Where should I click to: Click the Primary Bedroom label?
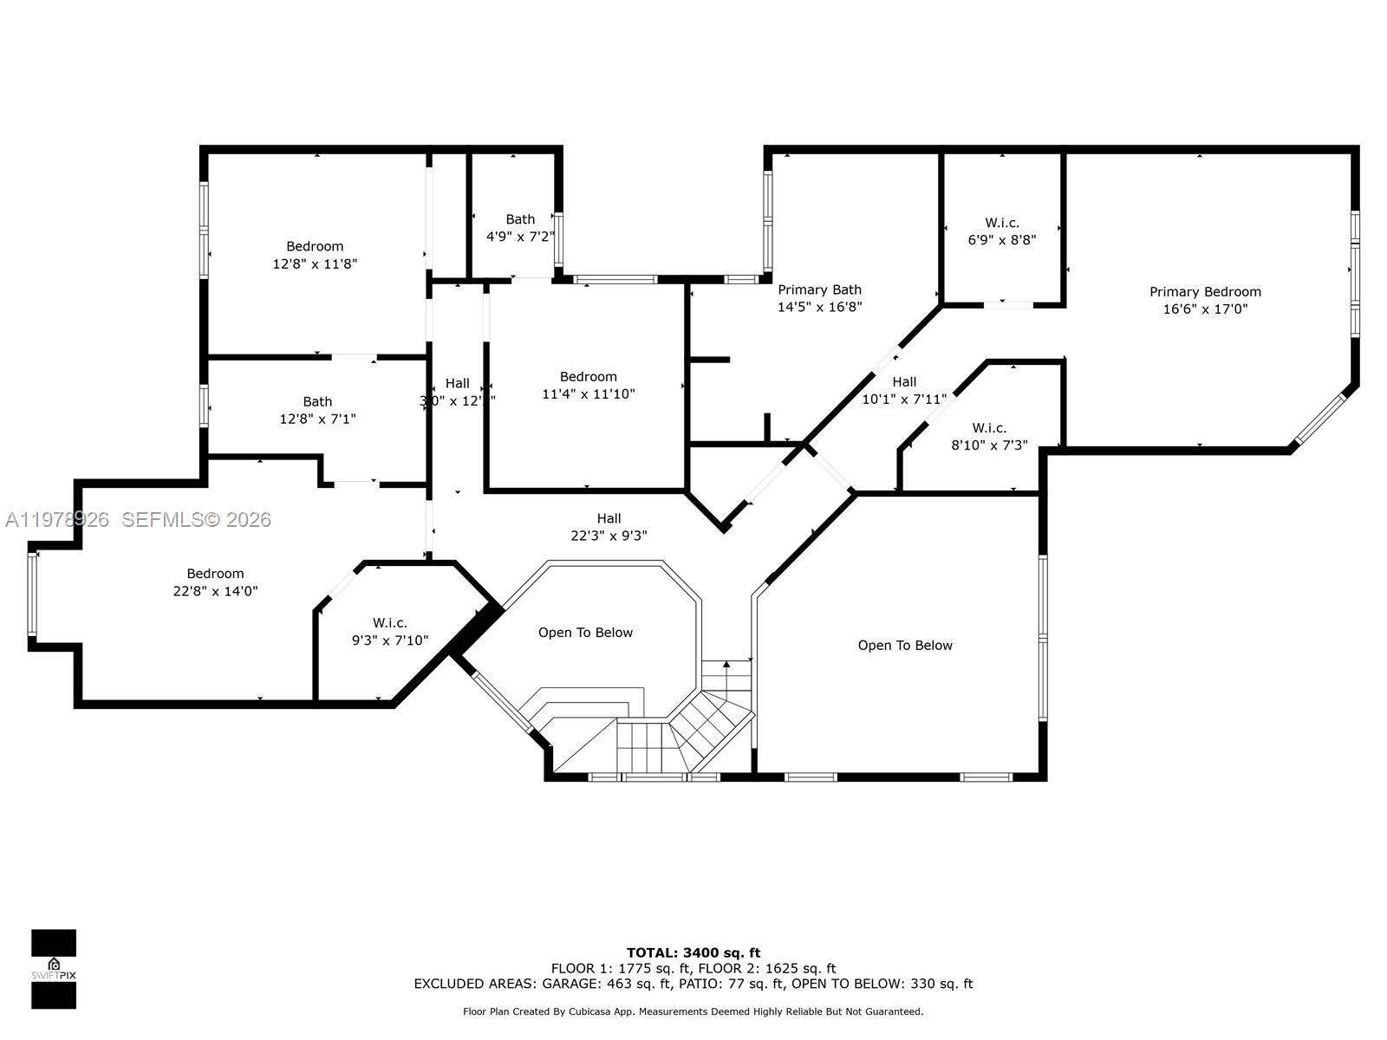tap(1205, 292)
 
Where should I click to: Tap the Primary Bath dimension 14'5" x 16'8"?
tap(819, 307)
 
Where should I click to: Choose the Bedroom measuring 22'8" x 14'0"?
tap(215, 582)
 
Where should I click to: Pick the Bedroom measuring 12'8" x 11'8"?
tap(315, 255)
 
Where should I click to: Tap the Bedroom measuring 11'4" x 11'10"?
tap(589, 385)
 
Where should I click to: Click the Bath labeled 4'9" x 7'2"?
tap(520, 228)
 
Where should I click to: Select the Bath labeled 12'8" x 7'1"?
tap(317, 410)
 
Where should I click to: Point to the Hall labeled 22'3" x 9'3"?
tap(609, 527)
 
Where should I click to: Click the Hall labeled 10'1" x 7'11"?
tap(904, 390)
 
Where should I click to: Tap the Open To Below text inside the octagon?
tap(585, 633)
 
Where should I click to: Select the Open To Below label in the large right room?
tap(905, 646)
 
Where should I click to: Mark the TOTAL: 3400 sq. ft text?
tap(693, 952)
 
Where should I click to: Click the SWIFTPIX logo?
tap(54, 969)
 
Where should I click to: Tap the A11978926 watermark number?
tap(57, 519)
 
